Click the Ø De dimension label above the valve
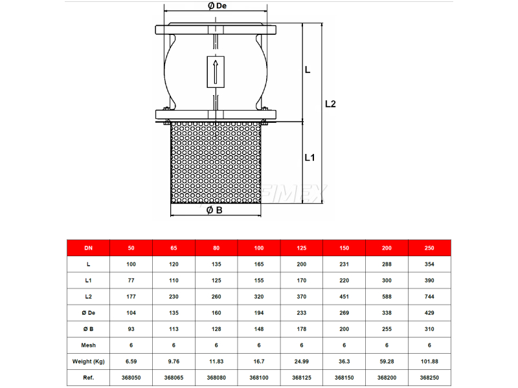pos(217,6)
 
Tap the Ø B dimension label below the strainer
pos(214,210)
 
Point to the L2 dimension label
pos(330,104)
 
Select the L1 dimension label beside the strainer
pos(310,158)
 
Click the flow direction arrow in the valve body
pos(216,72)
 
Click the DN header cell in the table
pos(88,248)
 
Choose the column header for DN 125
pos(302,248)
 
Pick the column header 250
pos(429,248)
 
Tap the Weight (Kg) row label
pos(89,361)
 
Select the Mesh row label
pos(89,345)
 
